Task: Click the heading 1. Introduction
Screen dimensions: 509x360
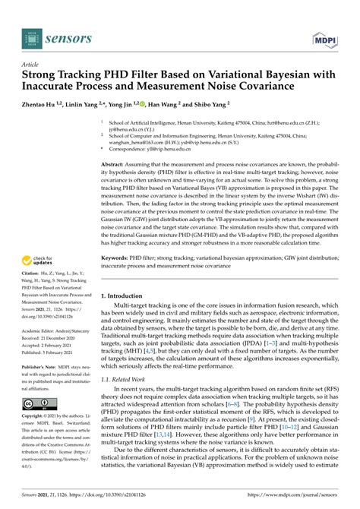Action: (x=128, y=296)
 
